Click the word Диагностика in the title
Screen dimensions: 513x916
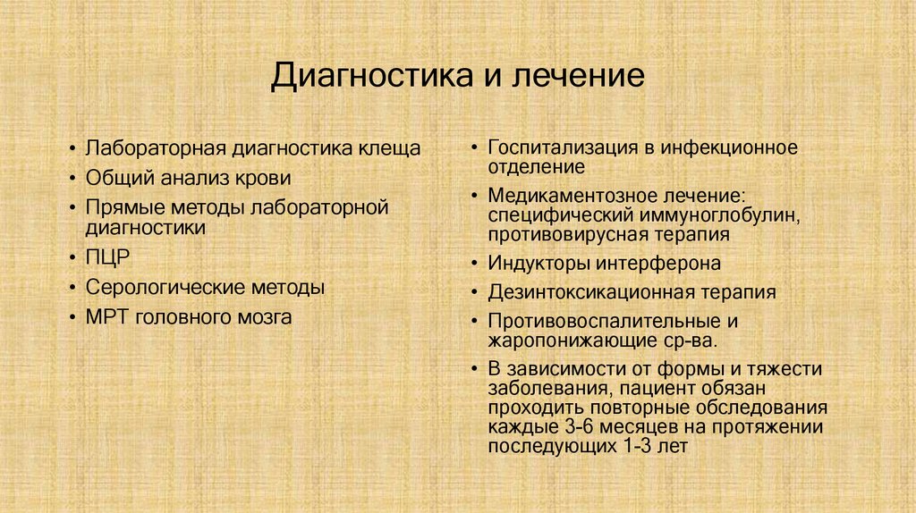(368, 75)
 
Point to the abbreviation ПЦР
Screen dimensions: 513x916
(108, 258)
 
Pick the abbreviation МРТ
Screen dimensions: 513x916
(108, 316)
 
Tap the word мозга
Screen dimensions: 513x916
(262, 316)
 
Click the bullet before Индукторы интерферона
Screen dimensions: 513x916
(475, 265)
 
